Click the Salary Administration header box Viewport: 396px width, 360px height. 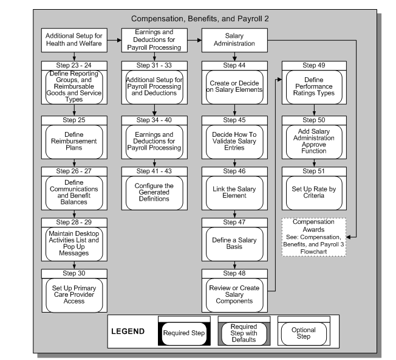[x=235, y=41]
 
